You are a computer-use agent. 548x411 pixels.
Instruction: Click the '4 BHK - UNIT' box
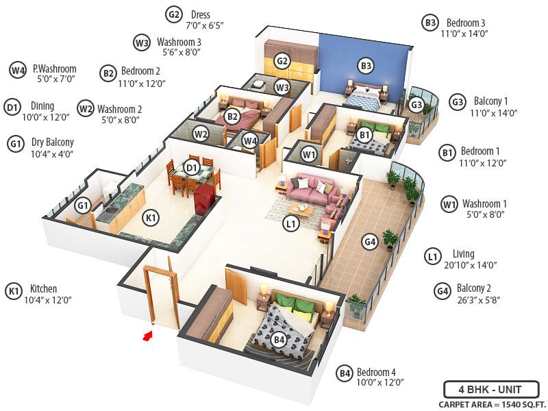pyautogui.click(x=490, y=389)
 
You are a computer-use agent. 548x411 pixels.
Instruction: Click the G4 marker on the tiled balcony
pyautogui.click(x=370, y=241)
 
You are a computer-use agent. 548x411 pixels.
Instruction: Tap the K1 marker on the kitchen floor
pyautogui.click(x=151, y=218)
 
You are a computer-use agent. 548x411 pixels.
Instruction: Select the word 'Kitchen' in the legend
pyautogui.click(x=43, y=288)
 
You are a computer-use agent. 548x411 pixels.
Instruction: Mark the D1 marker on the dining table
pyautogui.click(x=192, y=166)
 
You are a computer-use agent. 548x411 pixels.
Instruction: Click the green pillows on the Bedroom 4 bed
pyautogui.click(x=295, y=301)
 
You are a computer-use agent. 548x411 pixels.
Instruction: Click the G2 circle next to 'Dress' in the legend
pyautogui.click(x=174, y=14)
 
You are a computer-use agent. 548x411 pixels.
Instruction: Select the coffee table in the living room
pyautogui.click(x=301, y=209)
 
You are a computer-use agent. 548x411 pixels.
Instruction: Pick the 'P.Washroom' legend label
pyautogui.click(x=54, y=69)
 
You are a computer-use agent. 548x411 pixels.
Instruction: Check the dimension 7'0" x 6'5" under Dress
pyautogui.click(x=205, y=25)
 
